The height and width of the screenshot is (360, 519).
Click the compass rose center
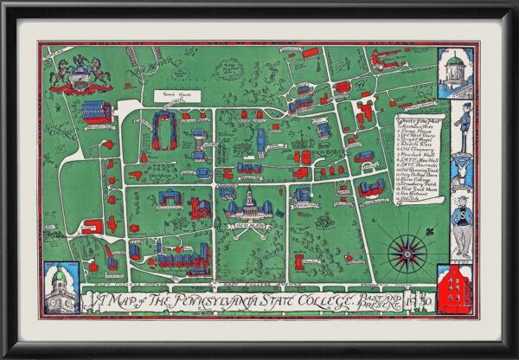tap(407, 253)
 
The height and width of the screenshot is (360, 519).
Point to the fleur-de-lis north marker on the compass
tap(407, 227)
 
